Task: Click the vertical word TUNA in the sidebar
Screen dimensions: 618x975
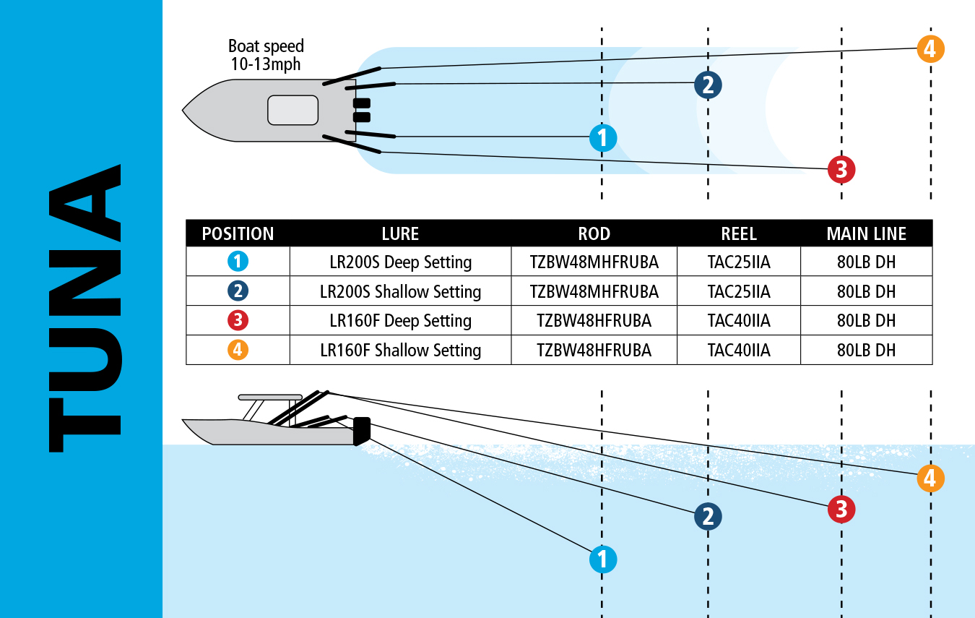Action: click(x=84, y=309)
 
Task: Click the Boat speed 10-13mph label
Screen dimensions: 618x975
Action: click(x=266, y=55)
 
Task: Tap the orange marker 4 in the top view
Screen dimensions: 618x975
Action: click(x=930, y=49)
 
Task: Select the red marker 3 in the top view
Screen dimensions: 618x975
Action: click(x=841, y=170)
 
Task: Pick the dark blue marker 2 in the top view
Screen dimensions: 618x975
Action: click(x=708, y=85)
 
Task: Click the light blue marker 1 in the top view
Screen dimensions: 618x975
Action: click(x=603, y=137)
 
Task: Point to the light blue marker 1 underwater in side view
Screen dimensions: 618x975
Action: click(x=603, y=559)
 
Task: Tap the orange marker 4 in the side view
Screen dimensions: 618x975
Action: click(x=930, y=478)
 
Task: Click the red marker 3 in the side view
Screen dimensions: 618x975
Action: click(x=841, y=509)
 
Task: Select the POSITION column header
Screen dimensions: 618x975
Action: click(x=238, y=233)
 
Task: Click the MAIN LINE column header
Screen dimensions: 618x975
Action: click(x=866, y=233)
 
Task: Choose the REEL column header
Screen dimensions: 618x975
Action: click(x=738, y=233)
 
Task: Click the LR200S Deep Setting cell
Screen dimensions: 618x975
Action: click(x=400, y=262)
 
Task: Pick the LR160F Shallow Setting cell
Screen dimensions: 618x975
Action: click(x=400, y=351)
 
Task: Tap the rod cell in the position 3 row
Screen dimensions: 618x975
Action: click(x=594, y=321)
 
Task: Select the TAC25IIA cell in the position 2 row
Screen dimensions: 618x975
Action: click(x=738, y=291)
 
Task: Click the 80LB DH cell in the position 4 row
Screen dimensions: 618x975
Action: click(x=866, y=351)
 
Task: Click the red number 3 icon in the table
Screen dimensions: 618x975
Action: click(x=238, y=321)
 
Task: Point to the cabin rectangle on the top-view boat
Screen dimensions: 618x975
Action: click(x=292, y=110)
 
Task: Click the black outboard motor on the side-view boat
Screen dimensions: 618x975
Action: click(x=361, y=430)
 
